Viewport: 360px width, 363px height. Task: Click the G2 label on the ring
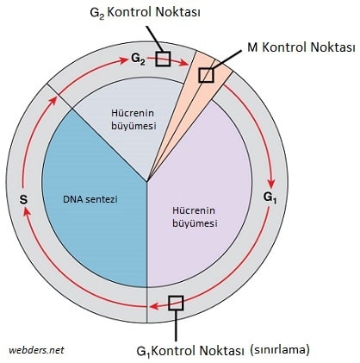pos(138,59)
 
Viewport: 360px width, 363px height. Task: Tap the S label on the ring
pos(23,199)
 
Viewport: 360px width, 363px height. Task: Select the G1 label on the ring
pos(270,197)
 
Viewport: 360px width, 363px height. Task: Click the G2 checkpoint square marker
pos(163,59)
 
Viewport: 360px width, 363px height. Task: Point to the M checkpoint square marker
pos(207,75)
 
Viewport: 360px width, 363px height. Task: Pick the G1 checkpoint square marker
pos(176,303)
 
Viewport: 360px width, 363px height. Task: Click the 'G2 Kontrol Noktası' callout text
pos(145,13)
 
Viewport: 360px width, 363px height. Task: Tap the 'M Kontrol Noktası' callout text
pos(301,47)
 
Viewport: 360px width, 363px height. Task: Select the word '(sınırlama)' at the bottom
pos(280,350)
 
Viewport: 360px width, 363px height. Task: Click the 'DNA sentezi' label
pos(90,199)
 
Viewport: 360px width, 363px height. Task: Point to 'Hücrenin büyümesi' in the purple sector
pos(195,216)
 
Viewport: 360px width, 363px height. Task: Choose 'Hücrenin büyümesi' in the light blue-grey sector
pos(133,119)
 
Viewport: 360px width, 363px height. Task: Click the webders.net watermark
pos(36,350)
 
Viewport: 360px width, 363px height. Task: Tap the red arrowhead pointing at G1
pos(271,183)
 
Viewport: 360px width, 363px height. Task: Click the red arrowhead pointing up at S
pos(26,211)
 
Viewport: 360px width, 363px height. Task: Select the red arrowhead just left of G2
pos(123,60)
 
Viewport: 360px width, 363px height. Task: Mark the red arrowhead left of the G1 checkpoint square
pos(154,306)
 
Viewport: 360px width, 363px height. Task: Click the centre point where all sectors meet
pos(147,182)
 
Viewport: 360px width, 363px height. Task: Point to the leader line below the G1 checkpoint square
pos(176,326)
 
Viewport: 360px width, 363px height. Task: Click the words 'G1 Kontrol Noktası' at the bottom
pos(190,351)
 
